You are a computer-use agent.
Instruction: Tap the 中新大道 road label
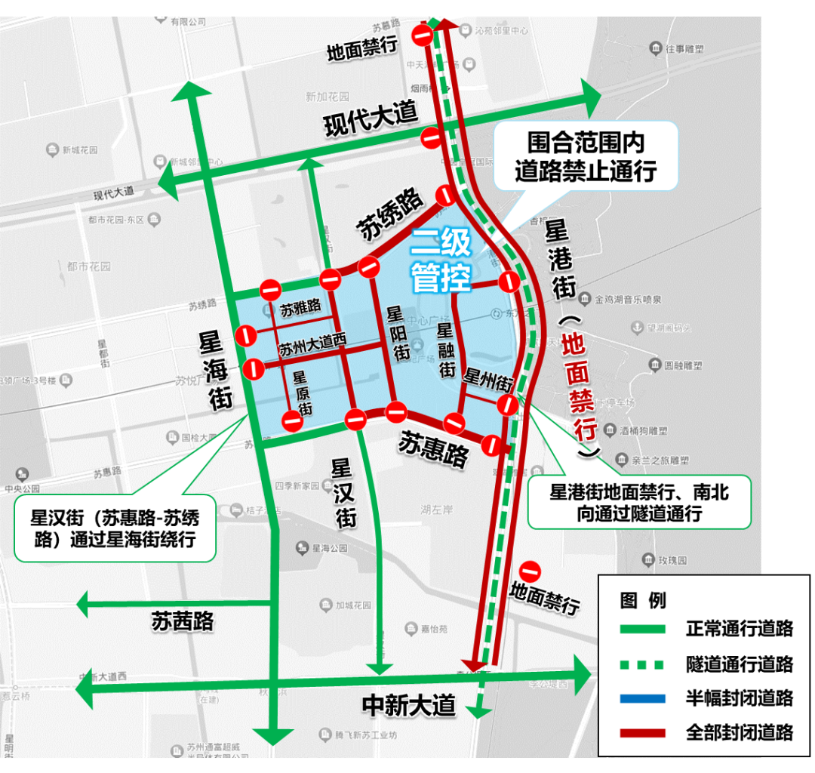pyautogui.click(x=409, y=705)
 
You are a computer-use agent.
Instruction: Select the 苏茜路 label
pyautogui.click(x=183, y=621)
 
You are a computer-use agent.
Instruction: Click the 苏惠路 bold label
pyautogui.click(x=433, y=448)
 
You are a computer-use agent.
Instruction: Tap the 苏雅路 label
pyautogui.click(x=300, y=308)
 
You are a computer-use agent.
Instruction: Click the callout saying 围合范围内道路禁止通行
pyautogui.click(x=586, y=156)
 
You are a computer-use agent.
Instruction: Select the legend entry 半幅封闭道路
pyautogui.click(x=739, y=698)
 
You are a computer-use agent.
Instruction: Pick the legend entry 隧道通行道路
pyautogui.click(x=739, y=664)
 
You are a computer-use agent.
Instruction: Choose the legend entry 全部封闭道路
pyautogui.click(x=739, y=732)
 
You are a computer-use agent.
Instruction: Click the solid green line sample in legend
pyautogui.click(x=642, y=629)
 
